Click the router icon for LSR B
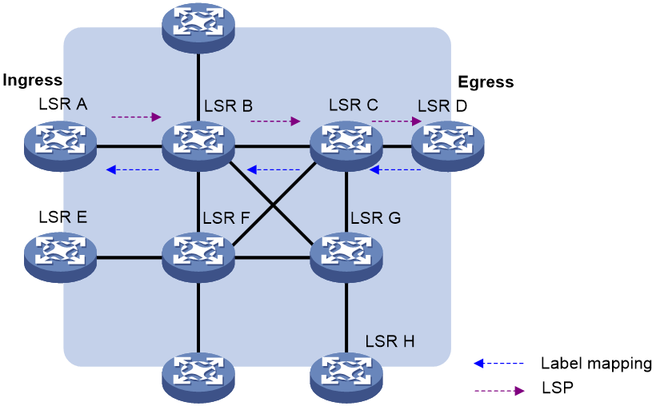[198, 145]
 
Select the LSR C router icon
[346, 145]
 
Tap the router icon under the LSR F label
[198, 257]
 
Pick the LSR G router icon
[346, 257]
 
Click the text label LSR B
[228, 105]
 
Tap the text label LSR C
[353, 105]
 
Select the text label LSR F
[227, 217]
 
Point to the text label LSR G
[375, 217]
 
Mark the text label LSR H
[390, 341]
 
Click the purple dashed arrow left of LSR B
[136, 117]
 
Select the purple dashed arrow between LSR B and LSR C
[275, 121]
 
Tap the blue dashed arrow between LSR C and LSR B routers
[274, 169]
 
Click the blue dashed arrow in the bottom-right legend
[499, 364]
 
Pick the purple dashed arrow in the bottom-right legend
[499, 391]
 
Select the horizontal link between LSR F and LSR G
[272, 257]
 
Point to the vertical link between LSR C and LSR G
[346, 200]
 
